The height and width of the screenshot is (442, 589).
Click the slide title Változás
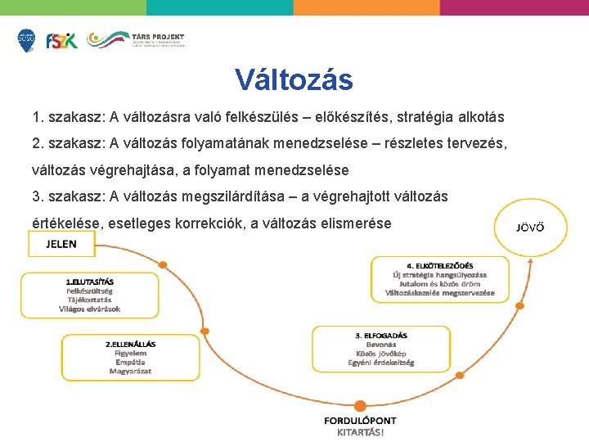point(294,79)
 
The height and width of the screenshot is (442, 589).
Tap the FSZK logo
point(61,40)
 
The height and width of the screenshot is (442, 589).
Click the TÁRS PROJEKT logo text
point(158,37)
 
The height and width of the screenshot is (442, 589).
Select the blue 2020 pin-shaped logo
point(26,40)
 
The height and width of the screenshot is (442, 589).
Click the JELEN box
point(61,244)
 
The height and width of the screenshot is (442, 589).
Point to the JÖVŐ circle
point(531,227)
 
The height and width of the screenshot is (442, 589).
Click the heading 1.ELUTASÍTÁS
point(90,282)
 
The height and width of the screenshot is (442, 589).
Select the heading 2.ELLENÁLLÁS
point(131,344)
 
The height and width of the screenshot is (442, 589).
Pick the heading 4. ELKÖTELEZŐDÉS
point(440,265)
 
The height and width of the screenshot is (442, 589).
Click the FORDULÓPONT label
point(361,421)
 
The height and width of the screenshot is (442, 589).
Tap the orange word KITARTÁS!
point(361,432)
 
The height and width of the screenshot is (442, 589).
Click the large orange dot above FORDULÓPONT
point(361,404)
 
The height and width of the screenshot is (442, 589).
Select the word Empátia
point(131,362)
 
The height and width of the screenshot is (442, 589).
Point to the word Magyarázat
point(131,371)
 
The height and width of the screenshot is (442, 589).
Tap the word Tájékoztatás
point(90,300)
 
